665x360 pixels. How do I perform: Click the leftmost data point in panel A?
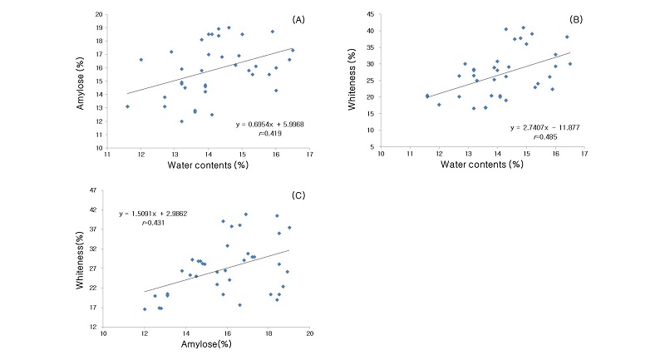[x=127, y=106]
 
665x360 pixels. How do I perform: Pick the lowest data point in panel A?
[x=181, y=121]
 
